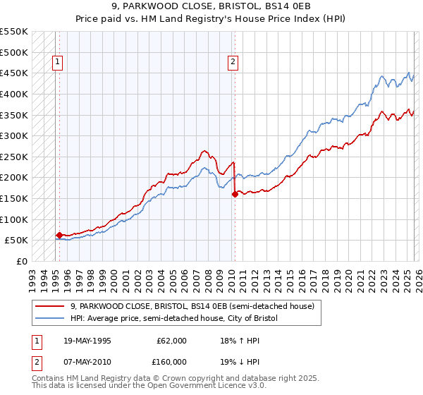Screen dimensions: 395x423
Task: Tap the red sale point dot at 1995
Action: pyautogui.click(x=59, y=235)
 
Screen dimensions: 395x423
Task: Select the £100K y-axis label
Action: pyautogui.click(x=15, y=219)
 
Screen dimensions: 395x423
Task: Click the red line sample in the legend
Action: pyautogui.click(x=51, y=305)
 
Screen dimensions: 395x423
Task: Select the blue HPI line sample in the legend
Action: pyautogui.click(x=51, y=319)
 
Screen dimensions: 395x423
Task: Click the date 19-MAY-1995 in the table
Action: pyautogui.click(x=88, y=341)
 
